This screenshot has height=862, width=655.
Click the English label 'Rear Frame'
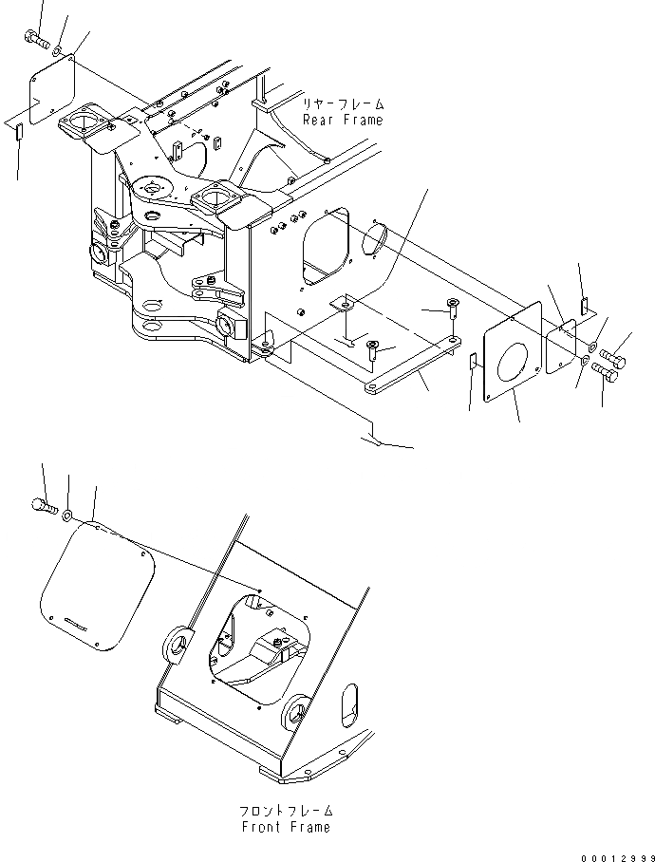click(x=343, y=121)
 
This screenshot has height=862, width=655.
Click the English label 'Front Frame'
click(x=285, y=827)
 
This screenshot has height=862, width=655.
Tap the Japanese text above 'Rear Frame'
click(x=343, y=104)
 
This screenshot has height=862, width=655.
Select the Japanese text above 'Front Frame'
click(x=285, y=812)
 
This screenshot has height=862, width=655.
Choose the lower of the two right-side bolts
click(x=605, y=376)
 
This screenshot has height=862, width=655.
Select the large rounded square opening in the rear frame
click(x=326, y=247)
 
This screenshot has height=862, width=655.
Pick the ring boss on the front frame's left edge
click(x=176, y=646)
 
